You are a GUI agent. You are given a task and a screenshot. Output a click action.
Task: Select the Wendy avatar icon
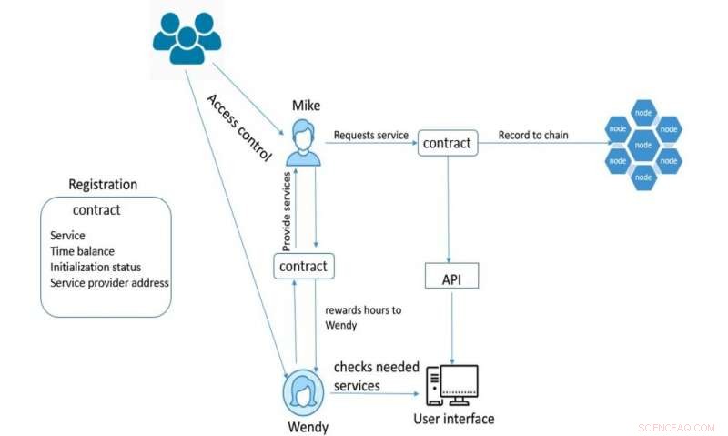(x=303, y=390)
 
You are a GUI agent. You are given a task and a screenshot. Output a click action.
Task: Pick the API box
(x=451, y=277)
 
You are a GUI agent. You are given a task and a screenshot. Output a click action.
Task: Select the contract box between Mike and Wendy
(x=305, y=267)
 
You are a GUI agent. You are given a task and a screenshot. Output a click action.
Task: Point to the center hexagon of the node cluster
(x=643, y=145)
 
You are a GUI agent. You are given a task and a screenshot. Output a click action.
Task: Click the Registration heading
(x=103, y=185)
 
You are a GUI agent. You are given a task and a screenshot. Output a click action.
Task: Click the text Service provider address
(x=109, y=282)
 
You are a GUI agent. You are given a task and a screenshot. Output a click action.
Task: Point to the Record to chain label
(x=533, y=136)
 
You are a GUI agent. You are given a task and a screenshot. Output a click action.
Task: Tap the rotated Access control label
(x=239, y=127)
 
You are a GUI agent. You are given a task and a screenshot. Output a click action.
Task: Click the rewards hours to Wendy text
(x=362, y=317)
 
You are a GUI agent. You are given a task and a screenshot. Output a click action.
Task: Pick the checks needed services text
(x=376, y=376)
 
